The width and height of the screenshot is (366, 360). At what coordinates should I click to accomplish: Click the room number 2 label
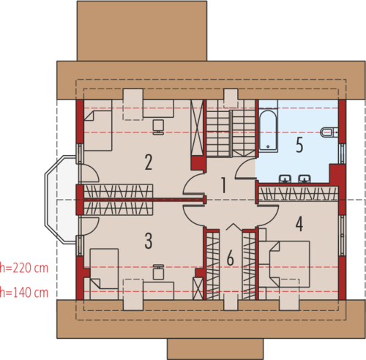pos(149,162)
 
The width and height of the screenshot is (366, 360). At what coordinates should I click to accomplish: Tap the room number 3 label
pos(149,241)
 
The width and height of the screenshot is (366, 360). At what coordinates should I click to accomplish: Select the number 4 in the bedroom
pos(299,224)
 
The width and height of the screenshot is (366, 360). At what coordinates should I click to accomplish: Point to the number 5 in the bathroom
pos(299,145)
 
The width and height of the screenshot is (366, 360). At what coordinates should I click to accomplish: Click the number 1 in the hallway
pos(223,185)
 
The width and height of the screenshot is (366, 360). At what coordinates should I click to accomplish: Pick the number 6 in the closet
pos(231,258)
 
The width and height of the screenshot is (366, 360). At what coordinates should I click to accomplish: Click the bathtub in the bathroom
pos(268,130)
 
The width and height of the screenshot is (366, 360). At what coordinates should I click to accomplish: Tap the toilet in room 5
pos(329,132)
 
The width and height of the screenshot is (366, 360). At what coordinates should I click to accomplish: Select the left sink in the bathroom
pos(285,179)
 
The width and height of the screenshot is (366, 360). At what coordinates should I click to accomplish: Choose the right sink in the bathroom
pos(305,179)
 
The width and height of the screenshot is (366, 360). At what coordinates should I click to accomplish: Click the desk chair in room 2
pos(158,127)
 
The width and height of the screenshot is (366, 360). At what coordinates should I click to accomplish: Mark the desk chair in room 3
pos(158,271)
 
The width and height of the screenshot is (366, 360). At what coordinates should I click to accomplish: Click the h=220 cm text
pos(24,268)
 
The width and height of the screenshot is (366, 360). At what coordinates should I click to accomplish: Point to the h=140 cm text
pos(24,293)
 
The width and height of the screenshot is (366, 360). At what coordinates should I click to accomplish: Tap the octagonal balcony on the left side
pos(61,200)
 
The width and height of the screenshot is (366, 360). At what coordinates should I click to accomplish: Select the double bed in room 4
pos(289,264)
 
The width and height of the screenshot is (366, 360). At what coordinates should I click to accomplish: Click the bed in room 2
pos(98,130)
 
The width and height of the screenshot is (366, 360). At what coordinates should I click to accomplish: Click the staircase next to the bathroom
pos(231,129)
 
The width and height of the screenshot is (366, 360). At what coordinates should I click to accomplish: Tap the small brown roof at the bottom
pos(215,349)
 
